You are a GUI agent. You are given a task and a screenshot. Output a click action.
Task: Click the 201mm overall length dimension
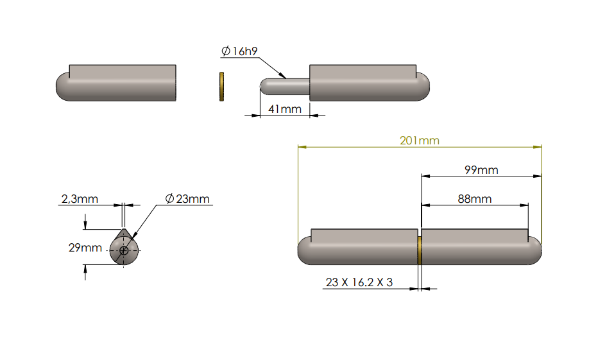[419, 141]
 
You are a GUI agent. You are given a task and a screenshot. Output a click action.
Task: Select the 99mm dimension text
[481, 170]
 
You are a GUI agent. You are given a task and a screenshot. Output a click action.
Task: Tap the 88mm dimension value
[475, 199]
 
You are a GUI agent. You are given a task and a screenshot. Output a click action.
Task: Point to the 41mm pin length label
[284, 109]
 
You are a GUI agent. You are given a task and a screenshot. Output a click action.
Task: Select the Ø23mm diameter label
[187, 199]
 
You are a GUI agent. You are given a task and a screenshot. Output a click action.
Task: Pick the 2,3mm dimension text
[80, 199]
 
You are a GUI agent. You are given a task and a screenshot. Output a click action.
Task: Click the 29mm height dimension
[85, 247]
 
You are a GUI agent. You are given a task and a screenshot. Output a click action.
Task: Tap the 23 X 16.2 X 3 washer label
[359, 282]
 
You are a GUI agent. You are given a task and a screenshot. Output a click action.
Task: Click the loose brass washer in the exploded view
[221, 87]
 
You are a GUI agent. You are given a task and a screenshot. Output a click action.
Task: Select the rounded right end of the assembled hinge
[534, 249]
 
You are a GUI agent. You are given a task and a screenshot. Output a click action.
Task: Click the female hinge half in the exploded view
[119, 83]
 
